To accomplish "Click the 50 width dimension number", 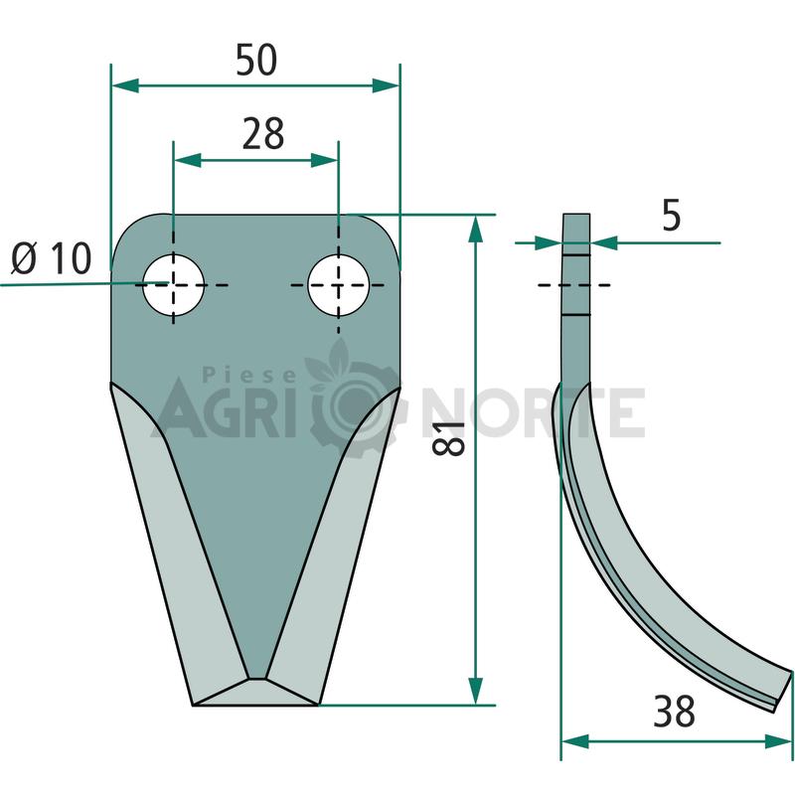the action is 256,60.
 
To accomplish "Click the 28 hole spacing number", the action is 262,134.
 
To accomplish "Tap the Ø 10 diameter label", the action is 52,258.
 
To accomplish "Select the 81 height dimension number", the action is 449,438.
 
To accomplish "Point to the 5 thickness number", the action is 672,216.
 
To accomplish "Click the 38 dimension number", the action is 674,712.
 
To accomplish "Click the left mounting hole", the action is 173,285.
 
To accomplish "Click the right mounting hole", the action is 339,285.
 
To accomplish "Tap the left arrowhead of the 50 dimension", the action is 125,85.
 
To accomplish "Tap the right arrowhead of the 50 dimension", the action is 386,85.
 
